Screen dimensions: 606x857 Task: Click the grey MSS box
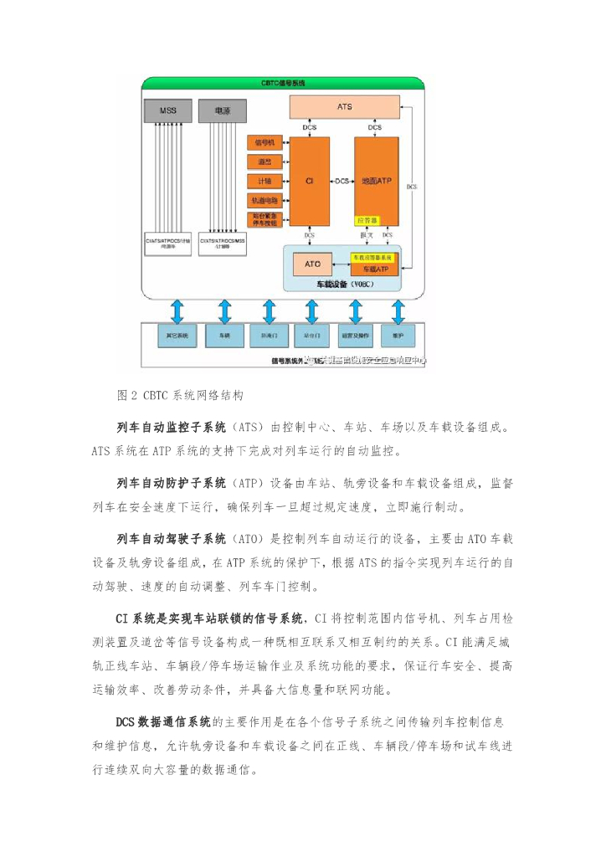pos(167,110)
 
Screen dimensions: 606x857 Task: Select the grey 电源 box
pos(222,110)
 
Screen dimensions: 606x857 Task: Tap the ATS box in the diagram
pos(344,107)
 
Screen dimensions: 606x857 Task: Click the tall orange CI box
pos(309,180)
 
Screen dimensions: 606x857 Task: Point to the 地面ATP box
pos(375,180)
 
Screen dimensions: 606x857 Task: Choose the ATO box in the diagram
pos(311,264)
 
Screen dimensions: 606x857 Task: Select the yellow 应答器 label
pos(367,220)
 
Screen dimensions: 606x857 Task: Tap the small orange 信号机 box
pos(264,143)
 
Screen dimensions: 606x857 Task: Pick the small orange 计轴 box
pos(264,181)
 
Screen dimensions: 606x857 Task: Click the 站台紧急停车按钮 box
pos(264,219)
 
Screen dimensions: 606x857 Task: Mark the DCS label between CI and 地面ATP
pos(342,181)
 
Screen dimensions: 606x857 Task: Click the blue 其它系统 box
pos(177,336)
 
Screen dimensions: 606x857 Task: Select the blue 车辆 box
pos(224,336)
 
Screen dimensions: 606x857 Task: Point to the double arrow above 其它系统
pos(177,310)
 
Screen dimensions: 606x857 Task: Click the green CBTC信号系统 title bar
pos(283,83)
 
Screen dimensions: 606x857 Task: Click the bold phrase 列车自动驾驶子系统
pos(172,537)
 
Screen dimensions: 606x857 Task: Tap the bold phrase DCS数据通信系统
pos(163,721)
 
